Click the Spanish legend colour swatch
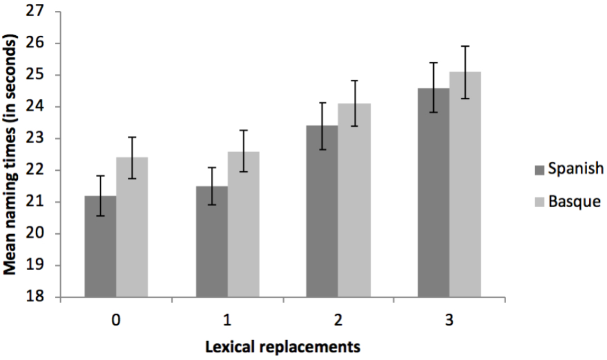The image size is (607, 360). (x=539, y=170)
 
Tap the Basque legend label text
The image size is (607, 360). (x=574, y=201)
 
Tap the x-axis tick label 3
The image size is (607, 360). (x=449, y=319)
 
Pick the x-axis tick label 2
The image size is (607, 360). (x=338, y=319)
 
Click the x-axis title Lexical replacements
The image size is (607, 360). (x=282, y=347)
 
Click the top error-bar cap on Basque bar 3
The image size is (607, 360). (x=465, y=46)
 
